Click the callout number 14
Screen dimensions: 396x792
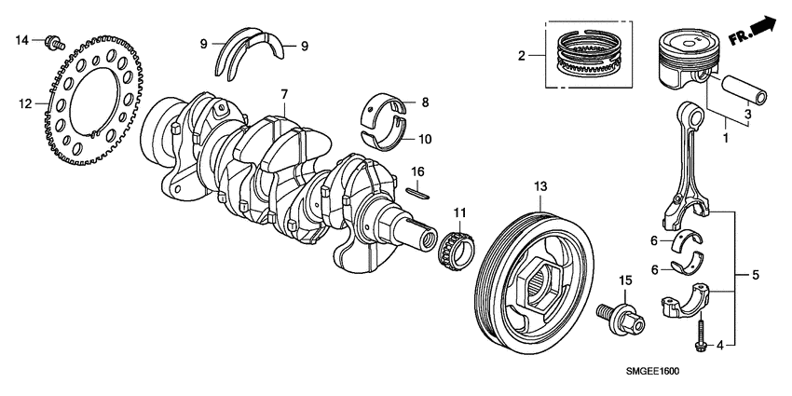click(x=23, y=38)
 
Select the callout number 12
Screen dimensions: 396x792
click(x=25, y=102)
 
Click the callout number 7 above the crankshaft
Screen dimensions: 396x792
click(x=285, y=93)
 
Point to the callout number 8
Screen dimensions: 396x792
click(x=424, y=103)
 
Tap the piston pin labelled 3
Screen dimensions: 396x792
click(x=746, y=95)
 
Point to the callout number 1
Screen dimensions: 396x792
click(x=724, y=137)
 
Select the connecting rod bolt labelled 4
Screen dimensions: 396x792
click(x=699, y=335)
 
